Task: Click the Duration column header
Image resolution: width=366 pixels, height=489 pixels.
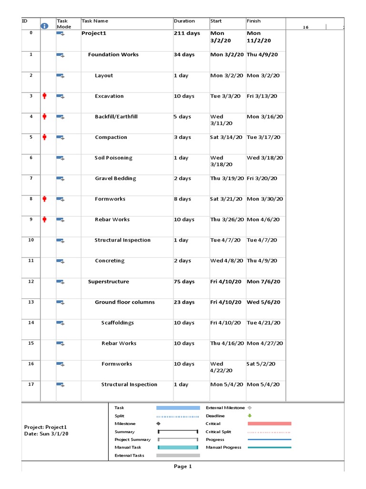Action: pyautogui.click(x=184, y=21)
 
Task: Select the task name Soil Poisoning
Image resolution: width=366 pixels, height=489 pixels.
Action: pyautogui.click(x=113, y=158)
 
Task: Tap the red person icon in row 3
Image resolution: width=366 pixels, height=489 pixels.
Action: pyautogui.click(x=45, y=96)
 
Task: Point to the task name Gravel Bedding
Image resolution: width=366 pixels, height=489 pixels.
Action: pyautogui.click(x=115, y=179)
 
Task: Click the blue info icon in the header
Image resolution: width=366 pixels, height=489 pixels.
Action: pyautogui.click(x=45, y=26)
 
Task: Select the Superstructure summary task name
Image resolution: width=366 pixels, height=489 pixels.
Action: pyautogui.click(x=108, y=282)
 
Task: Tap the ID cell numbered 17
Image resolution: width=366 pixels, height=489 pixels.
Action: pyautogui.click(x=31, y=384)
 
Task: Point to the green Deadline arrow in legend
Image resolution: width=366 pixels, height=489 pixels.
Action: pyautogui.click(x=249, y=416)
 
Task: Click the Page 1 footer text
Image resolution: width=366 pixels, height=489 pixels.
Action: pyautogui.click(x=183, y=467)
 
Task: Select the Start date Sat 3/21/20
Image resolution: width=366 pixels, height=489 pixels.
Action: pyautogui.click(x=226, y=199)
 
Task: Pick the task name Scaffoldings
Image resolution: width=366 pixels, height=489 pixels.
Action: pyautogui.click(x=117, y=323)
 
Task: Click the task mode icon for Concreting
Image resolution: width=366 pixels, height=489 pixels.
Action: pyautogui.click(x=61, y=261)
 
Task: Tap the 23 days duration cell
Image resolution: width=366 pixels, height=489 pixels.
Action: pyautogui.click(x=184, y=302)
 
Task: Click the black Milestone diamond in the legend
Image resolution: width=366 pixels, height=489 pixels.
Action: pyautogui.click(x=158, y=424)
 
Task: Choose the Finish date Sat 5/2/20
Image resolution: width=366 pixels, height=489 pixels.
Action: pyautogui.click(x=261, y=364)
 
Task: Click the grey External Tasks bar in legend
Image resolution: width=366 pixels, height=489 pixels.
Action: pyautogui.click(x=178, y=456)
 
